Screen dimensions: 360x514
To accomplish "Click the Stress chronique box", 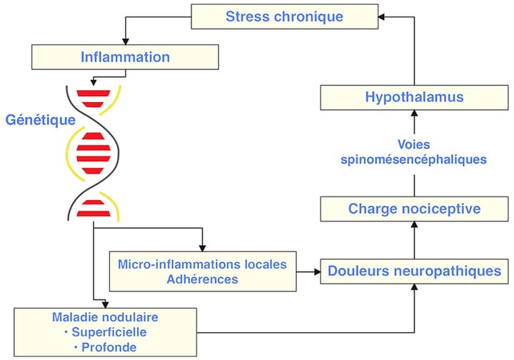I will tap(284, 16).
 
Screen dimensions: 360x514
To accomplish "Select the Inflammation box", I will tap(125, 56).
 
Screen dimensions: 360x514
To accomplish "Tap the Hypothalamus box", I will tap(414, 97).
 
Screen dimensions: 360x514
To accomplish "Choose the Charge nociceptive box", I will tap(414, 209).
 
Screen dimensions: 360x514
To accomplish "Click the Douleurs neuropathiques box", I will tap(414, 271).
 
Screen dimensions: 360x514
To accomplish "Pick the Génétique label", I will tap(40, 120).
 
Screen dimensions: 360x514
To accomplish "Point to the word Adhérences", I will tap(202, 279).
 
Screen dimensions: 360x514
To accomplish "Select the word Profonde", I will tap(109, 346).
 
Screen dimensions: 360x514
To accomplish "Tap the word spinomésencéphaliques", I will tap(414, 160).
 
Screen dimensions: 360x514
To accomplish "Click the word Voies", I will tap(414, 145).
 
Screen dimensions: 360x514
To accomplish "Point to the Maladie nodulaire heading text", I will tap(104, 316).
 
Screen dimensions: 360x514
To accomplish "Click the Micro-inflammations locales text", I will tap(202, 264).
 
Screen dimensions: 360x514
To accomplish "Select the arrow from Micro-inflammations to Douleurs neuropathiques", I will tap(307, 271).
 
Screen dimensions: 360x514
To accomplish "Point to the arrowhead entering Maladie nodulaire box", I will tap(95, 303).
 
